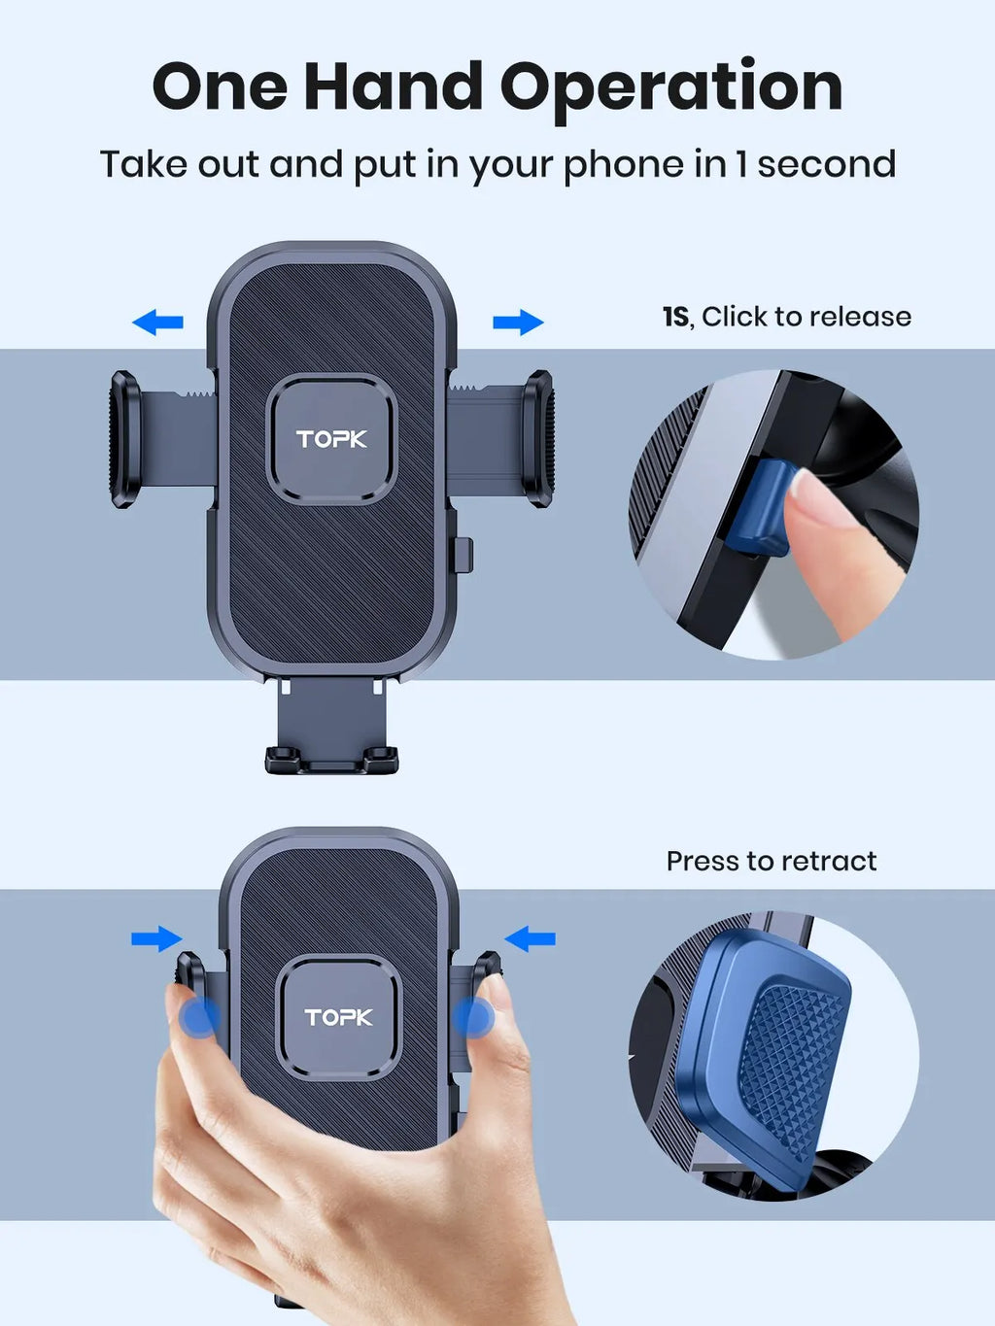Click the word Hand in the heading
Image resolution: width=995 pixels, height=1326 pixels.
tap(393, 87)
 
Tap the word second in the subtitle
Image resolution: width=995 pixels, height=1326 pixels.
tap(826, 164)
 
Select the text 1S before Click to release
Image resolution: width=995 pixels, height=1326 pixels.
tap(675, 317)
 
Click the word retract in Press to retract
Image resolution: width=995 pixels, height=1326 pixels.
tap(829, 861)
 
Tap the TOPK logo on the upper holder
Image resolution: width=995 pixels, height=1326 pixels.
tap(331, 439)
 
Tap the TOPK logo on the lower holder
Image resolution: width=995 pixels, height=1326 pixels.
tap(338, 1017)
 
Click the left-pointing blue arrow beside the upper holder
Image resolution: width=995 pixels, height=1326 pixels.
tap(157, 322)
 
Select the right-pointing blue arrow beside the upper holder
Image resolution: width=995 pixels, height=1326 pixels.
tap(518, 322)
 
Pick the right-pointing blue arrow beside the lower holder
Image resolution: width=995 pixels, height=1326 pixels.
tap(156, 938)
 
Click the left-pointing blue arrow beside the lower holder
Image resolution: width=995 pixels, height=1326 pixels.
tap(531, 938)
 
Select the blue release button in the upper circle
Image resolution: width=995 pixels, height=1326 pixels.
tap(759, 510)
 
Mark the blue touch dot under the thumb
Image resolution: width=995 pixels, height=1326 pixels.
tap(199, 1018)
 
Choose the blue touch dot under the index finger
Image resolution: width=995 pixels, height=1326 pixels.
tap(474, 1018)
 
